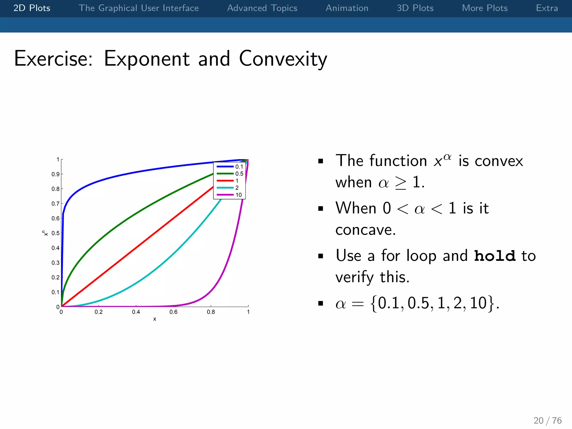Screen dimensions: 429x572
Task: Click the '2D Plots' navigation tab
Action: click(32, 8)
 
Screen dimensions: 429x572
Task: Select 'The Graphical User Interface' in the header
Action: click(139, 8)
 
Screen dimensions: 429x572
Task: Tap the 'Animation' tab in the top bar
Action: click(347, 8)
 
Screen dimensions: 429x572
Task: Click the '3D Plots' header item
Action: click(415, 8)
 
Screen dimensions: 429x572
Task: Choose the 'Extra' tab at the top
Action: click(547, 8)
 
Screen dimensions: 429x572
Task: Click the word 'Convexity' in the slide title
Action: click(283, 59)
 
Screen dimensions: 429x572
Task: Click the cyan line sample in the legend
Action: click(225, 188)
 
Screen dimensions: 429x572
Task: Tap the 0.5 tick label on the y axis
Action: click(55, 233)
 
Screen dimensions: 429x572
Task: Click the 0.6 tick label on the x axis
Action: click(173, 312)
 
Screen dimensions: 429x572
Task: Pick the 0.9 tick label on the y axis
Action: click(55, 174)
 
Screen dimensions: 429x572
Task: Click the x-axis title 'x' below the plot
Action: click(155, 319)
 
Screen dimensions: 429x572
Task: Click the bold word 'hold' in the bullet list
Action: click(495, 256)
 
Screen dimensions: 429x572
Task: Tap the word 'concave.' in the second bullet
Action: click(365, 230)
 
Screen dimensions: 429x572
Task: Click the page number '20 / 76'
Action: click(547, 420)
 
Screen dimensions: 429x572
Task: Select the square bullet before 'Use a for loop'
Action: click(321, 256)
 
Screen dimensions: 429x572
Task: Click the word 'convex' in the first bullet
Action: click(499, 161)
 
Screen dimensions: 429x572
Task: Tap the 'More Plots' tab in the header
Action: click(485, 8)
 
